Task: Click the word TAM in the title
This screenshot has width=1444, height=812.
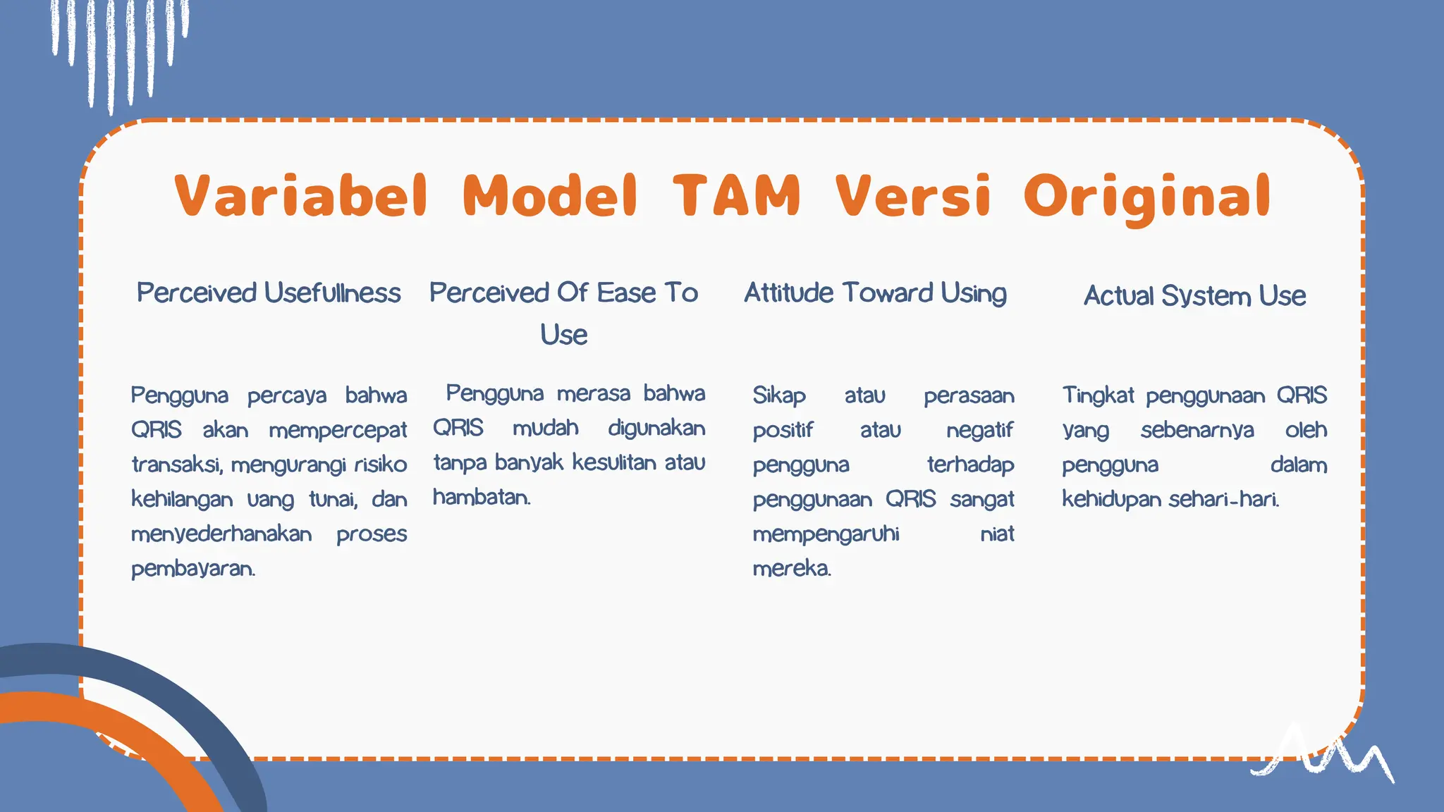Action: (736, 195)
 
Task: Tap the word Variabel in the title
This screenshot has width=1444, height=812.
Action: (301, 195)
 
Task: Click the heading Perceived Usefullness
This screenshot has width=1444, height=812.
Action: (269, 293)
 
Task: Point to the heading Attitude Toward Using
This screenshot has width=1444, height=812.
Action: (875, 293)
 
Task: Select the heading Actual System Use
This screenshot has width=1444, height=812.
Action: (1194, 296)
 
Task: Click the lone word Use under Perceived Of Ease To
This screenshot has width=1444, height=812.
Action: (563, 334)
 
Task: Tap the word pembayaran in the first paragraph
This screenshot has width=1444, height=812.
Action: (192, 569)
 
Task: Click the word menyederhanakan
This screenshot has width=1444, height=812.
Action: (221, 534)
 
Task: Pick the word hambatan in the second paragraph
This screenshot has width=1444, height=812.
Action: (482, 498)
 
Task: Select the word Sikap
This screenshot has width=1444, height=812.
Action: (778, 395)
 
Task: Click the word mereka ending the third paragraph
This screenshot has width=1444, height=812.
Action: (791, 569)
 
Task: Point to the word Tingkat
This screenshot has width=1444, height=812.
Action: (1098, 395)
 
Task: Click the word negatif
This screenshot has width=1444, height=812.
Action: (979, 430)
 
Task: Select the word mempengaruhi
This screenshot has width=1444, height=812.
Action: (826, 534)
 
